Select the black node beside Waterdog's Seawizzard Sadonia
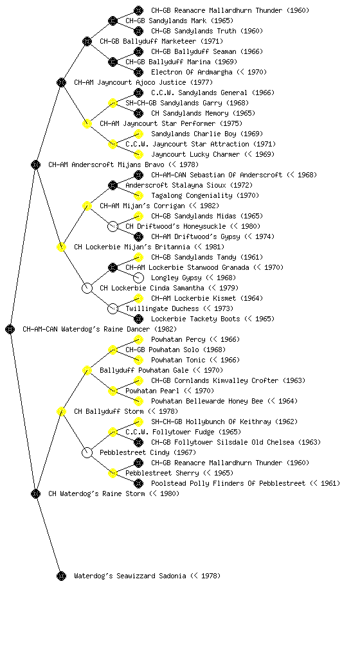click(61, 576)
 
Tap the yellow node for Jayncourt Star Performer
click(87, 123)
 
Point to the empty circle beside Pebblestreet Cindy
click(87, 452)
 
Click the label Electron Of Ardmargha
click(192, 72)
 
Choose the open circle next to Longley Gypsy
click(138, 278)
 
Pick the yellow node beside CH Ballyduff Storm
click(61, 411)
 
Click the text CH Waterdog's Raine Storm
click(96, 493)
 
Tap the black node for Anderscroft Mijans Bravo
click(35, 164)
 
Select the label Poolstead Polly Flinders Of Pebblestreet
click(228, 483)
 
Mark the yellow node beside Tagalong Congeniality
click(138, 195)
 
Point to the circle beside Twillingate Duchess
click(113, 309)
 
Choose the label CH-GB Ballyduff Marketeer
click(148, 41)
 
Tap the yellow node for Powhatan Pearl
click(113, 391)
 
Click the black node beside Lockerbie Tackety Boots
click(138, 319)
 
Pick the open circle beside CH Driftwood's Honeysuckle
click(113, 227)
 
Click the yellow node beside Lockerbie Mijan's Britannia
click(61, 247)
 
